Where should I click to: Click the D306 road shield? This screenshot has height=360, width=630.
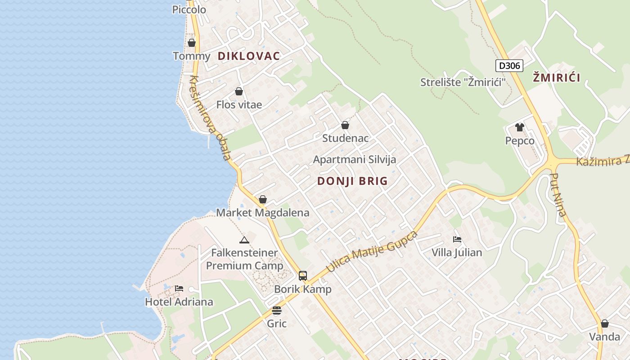[x=509, y=66]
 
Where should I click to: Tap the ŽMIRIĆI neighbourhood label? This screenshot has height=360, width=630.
[x=556, y=77]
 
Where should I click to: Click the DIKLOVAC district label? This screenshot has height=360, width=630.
[x=249, y=56]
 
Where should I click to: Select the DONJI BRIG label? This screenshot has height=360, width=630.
[x=352, y=181]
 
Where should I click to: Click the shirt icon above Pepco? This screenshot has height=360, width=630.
[x=520, y=127]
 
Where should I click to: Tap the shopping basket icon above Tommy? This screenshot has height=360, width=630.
[x=192, y=43]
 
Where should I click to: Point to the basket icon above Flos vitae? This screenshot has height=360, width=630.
[x=239, y=91]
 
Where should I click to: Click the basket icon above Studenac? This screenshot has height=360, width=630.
[x=345, y=125]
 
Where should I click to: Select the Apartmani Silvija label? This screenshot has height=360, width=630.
[x=355, y=159]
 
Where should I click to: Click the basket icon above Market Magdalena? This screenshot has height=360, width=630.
[x=263, y=199]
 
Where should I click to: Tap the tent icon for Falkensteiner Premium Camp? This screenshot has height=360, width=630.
[x=244, y=240]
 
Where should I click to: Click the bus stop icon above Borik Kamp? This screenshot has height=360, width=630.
[x=303, y=276]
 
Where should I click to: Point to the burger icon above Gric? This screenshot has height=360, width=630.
[x=277, y=310]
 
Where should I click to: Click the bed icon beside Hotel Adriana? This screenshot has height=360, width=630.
[x=179, y=288]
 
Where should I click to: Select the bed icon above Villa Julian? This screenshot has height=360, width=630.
[x=457, y=239]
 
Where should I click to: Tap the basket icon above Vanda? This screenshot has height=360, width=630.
[x=605, y=324]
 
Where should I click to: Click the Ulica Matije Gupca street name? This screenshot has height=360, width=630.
[x=372, y=252]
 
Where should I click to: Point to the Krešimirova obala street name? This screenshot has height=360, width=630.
[x=210, y=118]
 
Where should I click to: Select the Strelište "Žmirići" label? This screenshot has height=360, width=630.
[x=463, y=82]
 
